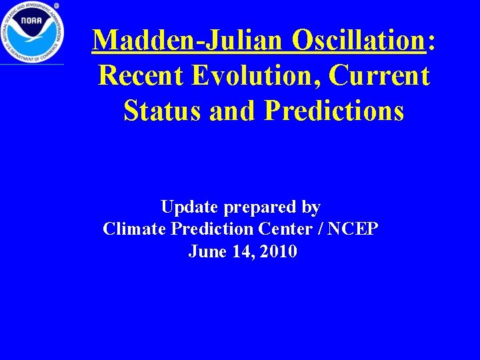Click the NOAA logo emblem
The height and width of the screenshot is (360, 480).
[x=32, y=31]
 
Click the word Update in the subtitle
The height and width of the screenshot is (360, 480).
[x=189, y=207]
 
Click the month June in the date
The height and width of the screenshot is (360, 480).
[x=205, y=252]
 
